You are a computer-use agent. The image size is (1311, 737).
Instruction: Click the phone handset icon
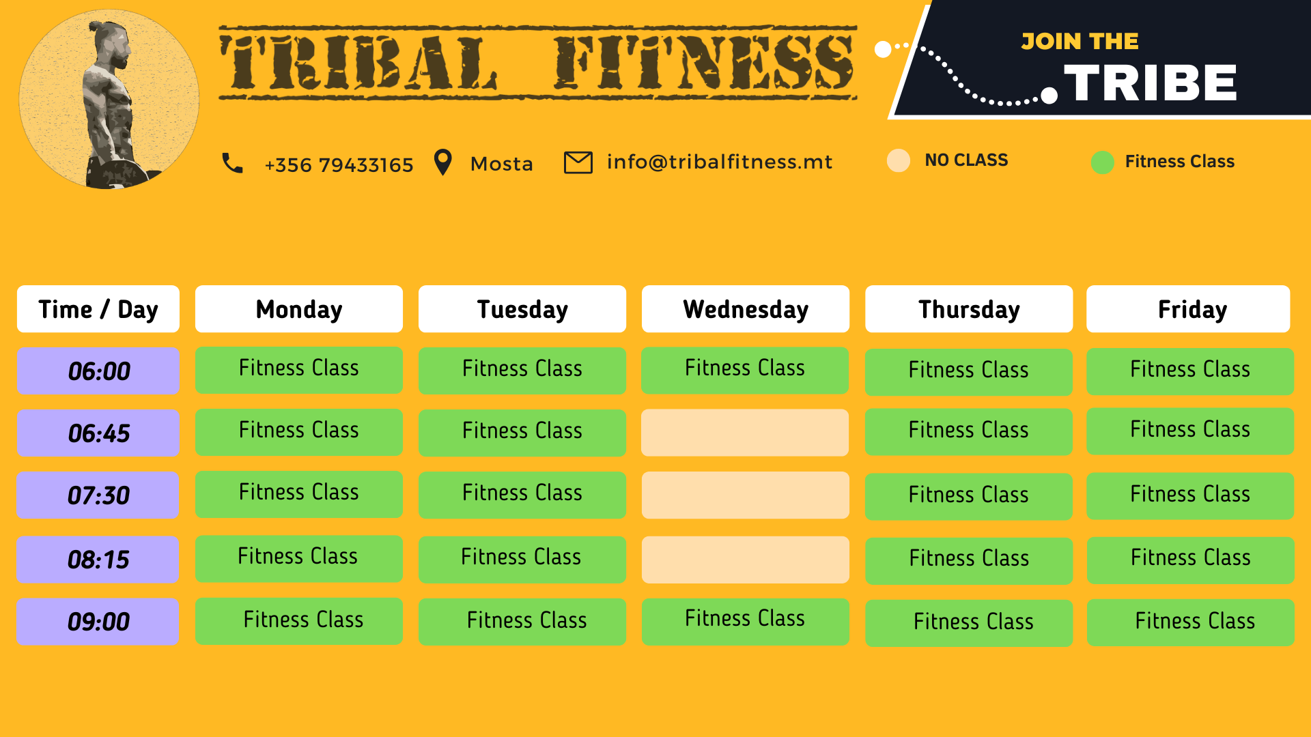[232, 163]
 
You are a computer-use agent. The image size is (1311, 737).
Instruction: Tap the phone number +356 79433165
[339, 165]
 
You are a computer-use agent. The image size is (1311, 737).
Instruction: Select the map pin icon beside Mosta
[443, 162]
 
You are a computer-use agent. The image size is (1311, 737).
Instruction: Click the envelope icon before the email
[578, 162]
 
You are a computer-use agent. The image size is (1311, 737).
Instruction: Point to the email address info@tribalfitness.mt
[720, 162]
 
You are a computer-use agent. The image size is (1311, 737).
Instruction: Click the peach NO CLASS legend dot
[899, 160]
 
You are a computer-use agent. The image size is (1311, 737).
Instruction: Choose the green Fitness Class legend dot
[1103, 162]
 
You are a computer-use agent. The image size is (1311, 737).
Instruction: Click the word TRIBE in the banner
[1151, 83]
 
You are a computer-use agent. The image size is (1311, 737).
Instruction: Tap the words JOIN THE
[1080, 42]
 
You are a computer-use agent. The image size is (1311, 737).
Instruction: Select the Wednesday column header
[746, 309]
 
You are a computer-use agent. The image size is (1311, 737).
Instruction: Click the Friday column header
[1188, 309]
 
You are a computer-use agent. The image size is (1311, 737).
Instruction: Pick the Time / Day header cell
[98, 309]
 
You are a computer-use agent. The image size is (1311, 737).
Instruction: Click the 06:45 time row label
[98, 433]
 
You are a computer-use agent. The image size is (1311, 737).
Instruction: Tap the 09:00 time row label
[98, 622]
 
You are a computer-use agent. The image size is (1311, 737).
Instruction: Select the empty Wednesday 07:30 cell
[746, 495]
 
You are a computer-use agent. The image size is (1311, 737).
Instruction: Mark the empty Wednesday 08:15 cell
[746, 560]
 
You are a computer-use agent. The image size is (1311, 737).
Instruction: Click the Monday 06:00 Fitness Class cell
[299, 370]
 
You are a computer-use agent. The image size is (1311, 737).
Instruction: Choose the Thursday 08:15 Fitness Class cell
[969, 560]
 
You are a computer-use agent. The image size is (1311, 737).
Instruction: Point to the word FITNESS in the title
[703, 63]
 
